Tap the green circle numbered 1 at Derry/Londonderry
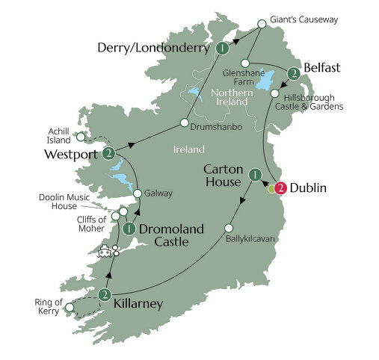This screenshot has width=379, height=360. click(x=222, y=49)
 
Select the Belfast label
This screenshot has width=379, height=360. click(x=322, y=68)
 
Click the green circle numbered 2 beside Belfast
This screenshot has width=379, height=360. click(x=294, y=73)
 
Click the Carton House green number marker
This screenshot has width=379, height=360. click(x=255, y=176)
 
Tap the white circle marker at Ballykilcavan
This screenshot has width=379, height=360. click(x=229, y=228)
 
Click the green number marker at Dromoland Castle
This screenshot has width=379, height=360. click(x=129, y=229)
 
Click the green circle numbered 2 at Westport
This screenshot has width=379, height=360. click(x=110, y=154)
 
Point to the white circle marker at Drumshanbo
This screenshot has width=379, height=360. click(x=183, y=122)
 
